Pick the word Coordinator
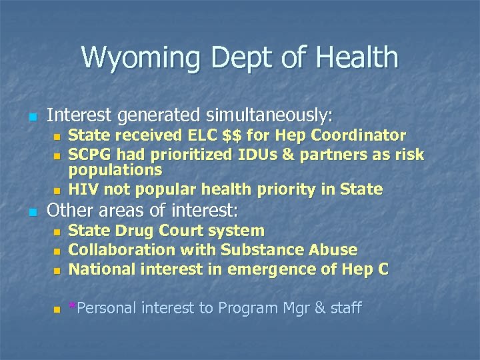pyautogui.click(x=359, y=136)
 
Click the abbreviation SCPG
pyautogui.click(x=89, y=155)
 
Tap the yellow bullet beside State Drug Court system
pyautogui.click(x=57, y=233)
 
